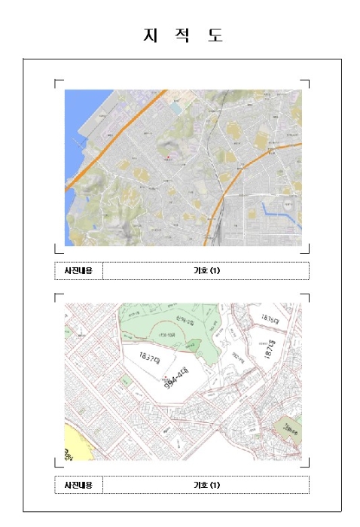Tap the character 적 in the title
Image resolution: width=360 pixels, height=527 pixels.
click(x=182, y=35)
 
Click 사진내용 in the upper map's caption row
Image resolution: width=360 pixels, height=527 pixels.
click(x=78, y=270)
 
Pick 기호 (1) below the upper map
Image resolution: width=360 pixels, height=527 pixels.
click(x=206, y=270)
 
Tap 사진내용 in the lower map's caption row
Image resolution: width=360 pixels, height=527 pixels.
click(x=78, y=485)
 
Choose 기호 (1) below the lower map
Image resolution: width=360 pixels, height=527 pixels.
click(x=206, y=485)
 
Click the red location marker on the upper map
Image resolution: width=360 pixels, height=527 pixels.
click(x=169, y=157)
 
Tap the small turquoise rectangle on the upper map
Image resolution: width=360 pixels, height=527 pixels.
click(x=175, y=109)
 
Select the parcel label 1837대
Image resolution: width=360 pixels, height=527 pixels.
click(x=152, y=357)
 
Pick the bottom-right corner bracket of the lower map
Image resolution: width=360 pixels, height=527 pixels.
click(x=305, y=463)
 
